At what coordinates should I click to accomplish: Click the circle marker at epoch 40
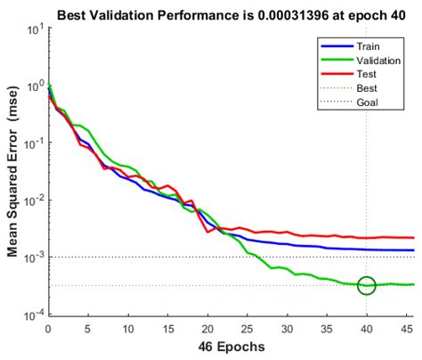pyautogui.click(x=366, y=285)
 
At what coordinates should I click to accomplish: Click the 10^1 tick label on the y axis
pyautogui.click(x=33, y=29)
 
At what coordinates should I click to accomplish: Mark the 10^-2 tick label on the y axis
pyautogui.click(x=32, y=200)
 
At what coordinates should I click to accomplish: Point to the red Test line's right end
pyautogui.click(x=414, y=238)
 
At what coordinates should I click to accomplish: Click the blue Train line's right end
pyautogui.click(x=414, y=250)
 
